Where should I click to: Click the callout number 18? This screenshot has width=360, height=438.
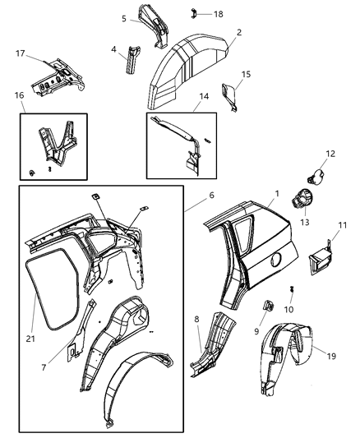[219, 15]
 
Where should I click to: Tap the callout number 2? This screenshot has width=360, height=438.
[238, 32]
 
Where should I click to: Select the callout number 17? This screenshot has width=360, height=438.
[21, 54]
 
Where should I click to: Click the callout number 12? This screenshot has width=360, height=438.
[330, 154]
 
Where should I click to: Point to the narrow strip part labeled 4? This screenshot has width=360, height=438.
[132, 62]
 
